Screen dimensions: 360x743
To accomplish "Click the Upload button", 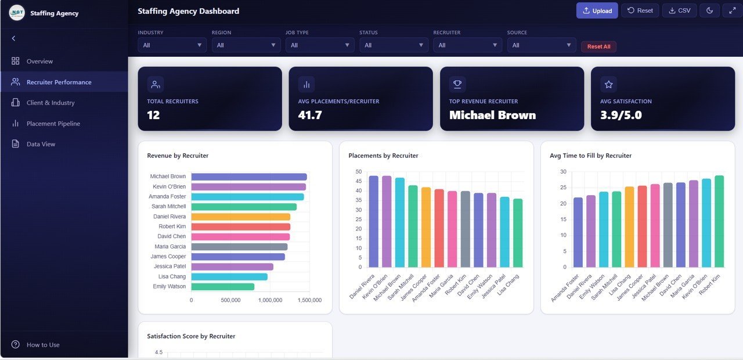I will click(597, 10).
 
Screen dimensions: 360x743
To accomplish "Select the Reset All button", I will click(598, 46).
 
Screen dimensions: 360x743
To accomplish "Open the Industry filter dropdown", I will click(172, 45).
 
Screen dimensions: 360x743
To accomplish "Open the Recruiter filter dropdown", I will click(467, 45).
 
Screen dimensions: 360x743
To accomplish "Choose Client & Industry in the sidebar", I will click(51, 103).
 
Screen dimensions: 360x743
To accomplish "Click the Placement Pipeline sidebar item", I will click(53, 124).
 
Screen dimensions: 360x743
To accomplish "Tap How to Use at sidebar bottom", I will click(43, 345).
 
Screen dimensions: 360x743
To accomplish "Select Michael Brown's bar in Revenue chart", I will click(248, 177).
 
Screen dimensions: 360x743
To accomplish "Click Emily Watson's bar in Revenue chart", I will click(222, 287).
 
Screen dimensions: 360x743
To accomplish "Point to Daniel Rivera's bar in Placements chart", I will click(373, 221).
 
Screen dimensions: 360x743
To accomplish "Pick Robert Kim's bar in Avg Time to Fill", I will click(719, 221).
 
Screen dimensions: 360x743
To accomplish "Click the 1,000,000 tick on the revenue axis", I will click(270, 300).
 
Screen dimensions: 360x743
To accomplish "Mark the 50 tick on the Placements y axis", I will click(358, 172).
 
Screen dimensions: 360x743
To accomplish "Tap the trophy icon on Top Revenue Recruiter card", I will click(457, 85).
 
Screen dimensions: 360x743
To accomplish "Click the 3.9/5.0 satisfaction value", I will click(621, 115).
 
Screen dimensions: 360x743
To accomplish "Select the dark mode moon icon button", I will click(709, 10).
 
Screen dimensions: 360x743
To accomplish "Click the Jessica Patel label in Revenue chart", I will click(169, 267).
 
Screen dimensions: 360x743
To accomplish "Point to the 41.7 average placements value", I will click(310, 115).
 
